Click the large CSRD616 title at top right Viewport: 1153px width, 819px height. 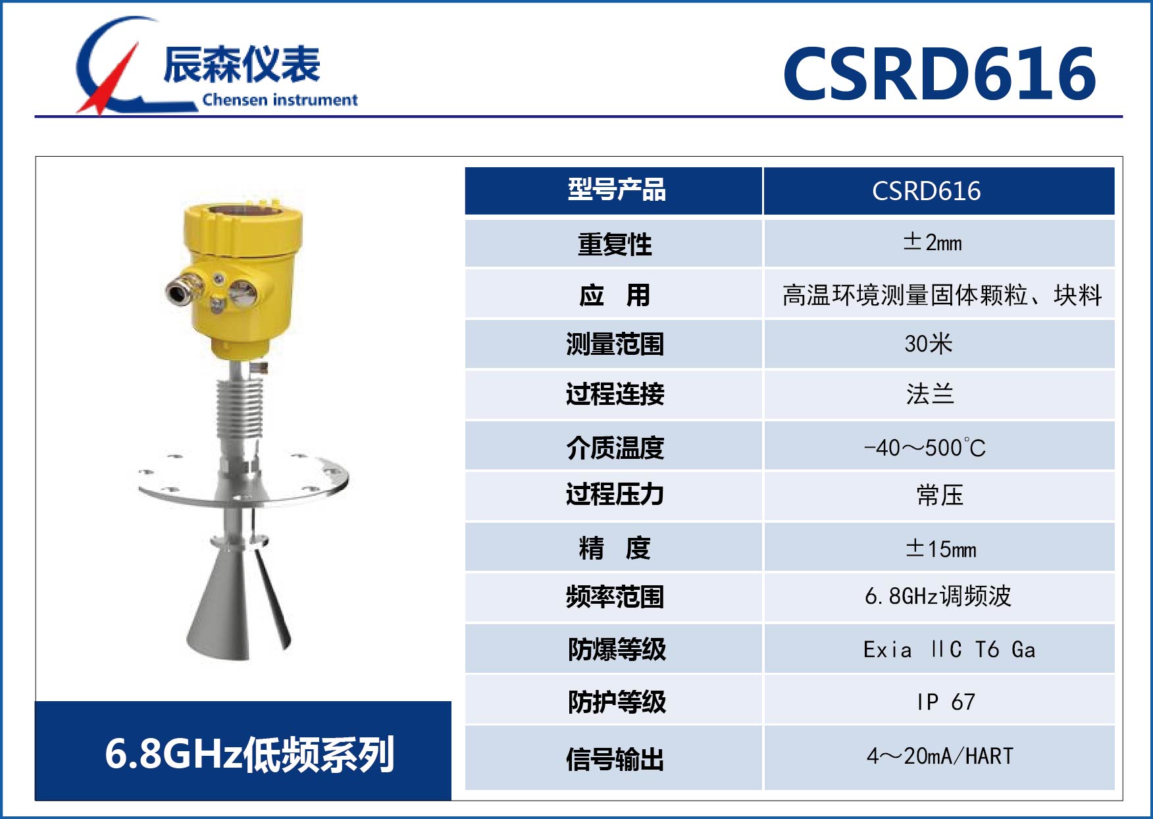(x=939, y=73)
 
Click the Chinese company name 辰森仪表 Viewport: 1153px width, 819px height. (x=242, y=65)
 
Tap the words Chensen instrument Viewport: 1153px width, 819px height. (x=280, y=100)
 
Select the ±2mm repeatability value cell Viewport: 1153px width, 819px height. (x=933, y=242)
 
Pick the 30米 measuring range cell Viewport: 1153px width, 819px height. (x=928, y=344)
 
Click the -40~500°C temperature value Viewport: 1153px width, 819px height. (x=925, y=448)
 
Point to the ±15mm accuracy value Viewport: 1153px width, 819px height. (x=940, y=548)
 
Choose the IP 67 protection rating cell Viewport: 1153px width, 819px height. (x=946, y=702)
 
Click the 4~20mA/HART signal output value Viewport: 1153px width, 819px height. (x=940, y=756)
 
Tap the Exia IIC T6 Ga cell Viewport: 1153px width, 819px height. (x=948, y=650)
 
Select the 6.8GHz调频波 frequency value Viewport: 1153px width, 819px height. (x=938, y=596)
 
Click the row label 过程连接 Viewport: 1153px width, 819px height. (x=615, y=394)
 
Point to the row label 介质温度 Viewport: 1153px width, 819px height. (x=615, y=448)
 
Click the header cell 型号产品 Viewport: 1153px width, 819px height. (x=616, y=190)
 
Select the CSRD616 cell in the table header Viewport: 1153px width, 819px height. (x=926, y=191)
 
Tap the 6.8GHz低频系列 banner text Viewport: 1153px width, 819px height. (x=249, y=754)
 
